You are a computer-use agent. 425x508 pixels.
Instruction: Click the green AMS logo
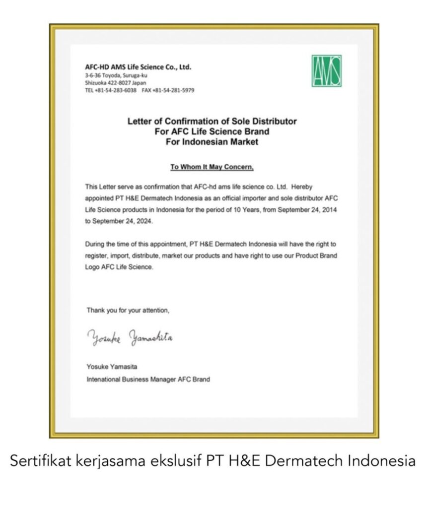pyautogui.click(x=326, y=70)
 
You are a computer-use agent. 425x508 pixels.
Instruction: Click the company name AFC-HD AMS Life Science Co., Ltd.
pyautogui.click(x=138, y=67)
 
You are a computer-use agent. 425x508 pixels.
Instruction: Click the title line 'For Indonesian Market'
pyautogui.click(x=212, y=142)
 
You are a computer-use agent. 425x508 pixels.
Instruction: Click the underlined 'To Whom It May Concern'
pyautogui.click(x=212, y=167)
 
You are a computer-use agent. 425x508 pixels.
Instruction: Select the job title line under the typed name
pyautogui.click(x=148, y=379)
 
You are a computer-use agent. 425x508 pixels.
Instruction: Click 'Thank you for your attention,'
pyautogui.click(x=128, y=310)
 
